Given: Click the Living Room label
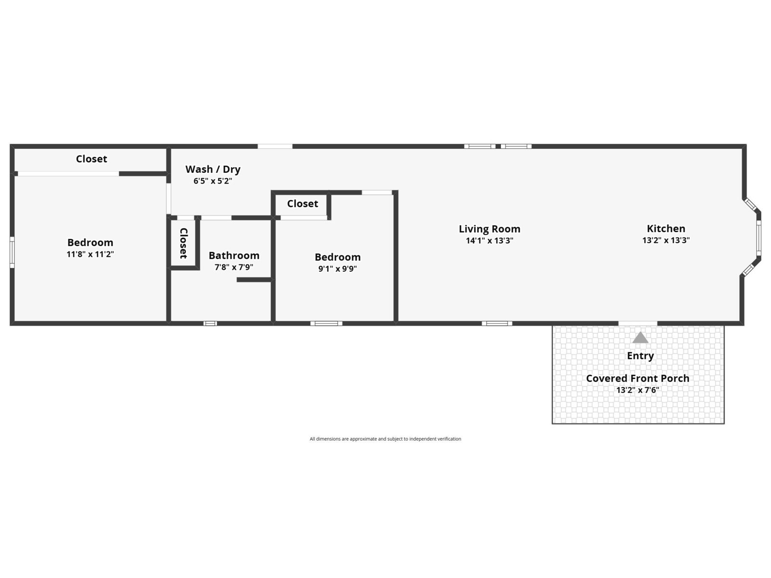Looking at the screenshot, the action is coord(489,229).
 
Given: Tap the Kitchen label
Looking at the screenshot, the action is coord(666,228).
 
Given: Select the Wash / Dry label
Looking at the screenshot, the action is coord(213,169).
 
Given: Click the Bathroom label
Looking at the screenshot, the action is coord(234,255).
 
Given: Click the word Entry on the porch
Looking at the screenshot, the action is coord(640,355).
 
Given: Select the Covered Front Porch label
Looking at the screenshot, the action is coord(638,378).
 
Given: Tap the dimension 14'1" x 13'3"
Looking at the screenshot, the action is coord(489,240).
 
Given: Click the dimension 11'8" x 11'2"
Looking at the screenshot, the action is coord(90,254).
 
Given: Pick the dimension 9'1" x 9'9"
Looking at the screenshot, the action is coord(338,269).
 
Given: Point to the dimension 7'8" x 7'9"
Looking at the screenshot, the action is coord(234,267).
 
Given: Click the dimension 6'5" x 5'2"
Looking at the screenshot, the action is coord(213,181).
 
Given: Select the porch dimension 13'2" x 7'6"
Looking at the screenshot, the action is coord(638,390).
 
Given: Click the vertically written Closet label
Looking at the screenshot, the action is coord(184,243).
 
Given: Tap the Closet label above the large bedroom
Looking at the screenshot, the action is coord(92,159).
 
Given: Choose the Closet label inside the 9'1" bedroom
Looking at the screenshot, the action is coord(303,204).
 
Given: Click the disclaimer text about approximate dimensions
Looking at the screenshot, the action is coord(385,439).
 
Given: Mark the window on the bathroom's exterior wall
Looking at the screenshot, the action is coord(210,323).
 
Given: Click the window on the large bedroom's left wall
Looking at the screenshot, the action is coord(12,252).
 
